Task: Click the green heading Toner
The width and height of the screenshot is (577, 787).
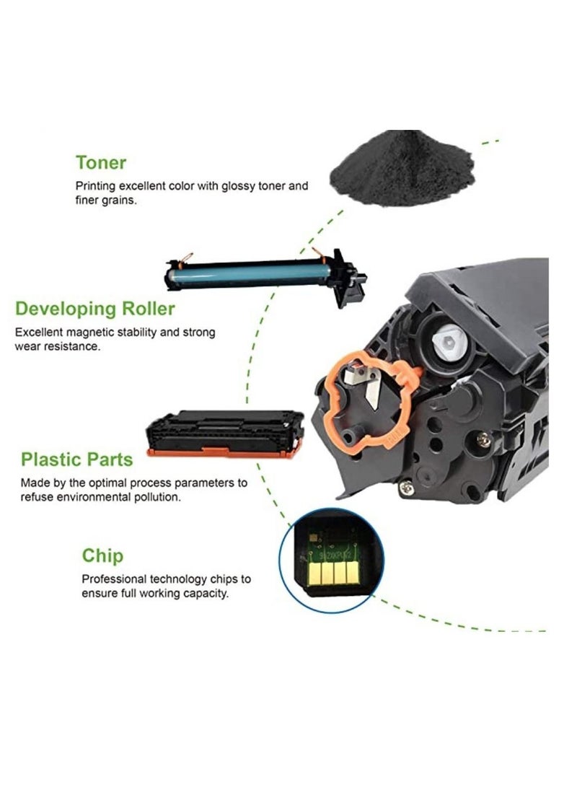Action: (101, 162)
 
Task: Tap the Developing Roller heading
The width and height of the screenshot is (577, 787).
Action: (95, 309)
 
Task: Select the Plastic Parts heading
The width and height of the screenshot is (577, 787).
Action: (76, 459)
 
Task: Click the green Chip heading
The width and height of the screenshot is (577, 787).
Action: (102, 555)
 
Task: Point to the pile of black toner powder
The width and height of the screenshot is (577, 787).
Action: (402, 170)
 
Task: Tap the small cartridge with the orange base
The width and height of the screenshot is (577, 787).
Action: (224, 433)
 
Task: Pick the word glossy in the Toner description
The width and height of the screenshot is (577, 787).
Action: (245, 186)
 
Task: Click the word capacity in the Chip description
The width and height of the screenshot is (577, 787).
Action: (207, 594)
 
